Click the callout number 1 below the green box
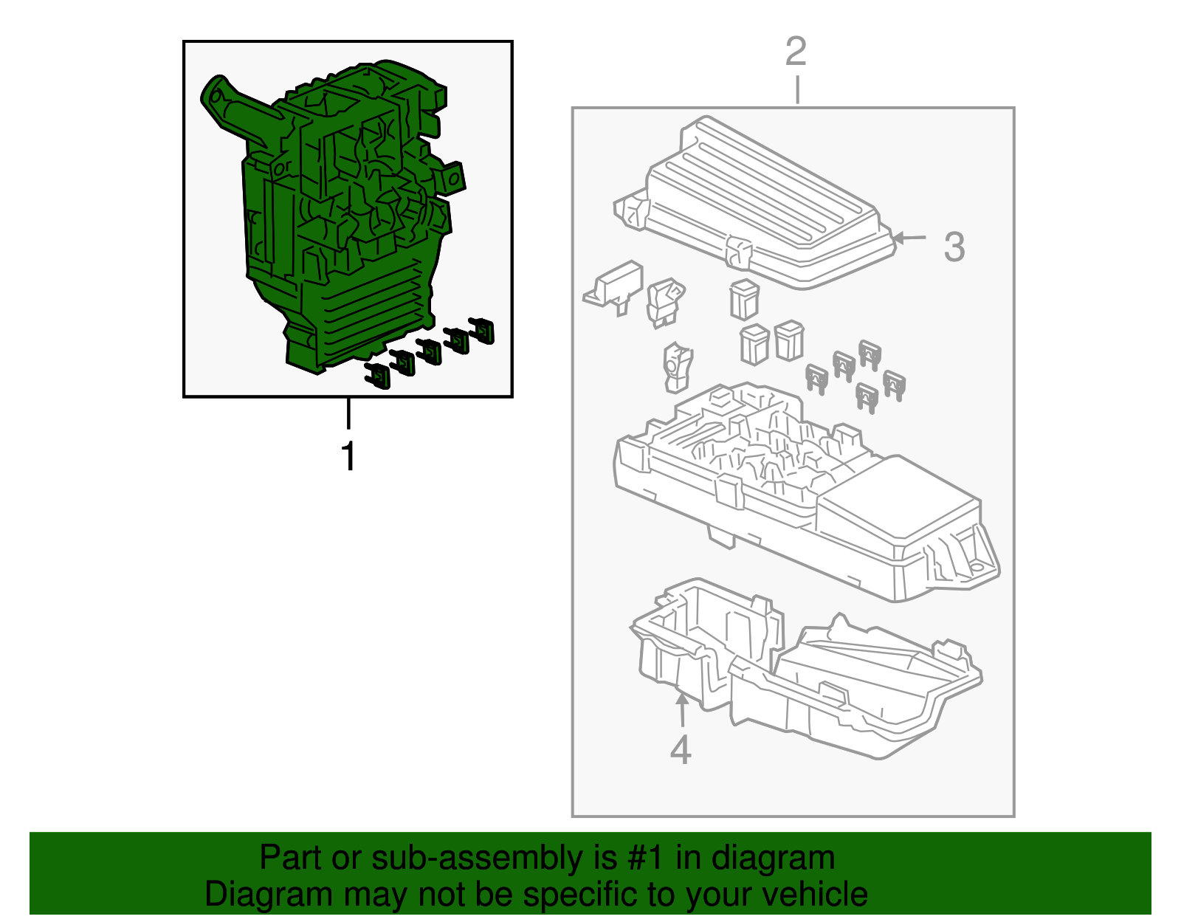tap(348, 456)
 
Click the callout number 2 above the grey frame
tap(796, 52)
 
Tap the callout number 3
tap(954, 247)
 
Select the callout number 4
tap(680, 750)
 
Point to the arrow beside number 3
tap(909, 238)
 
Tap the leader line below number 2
tap(797, 90)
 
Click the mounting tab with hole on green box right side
tap(452, 178)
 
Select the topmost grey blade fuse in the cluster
tap(869, 354)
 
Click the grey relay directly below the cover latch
tap(743, 299)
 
